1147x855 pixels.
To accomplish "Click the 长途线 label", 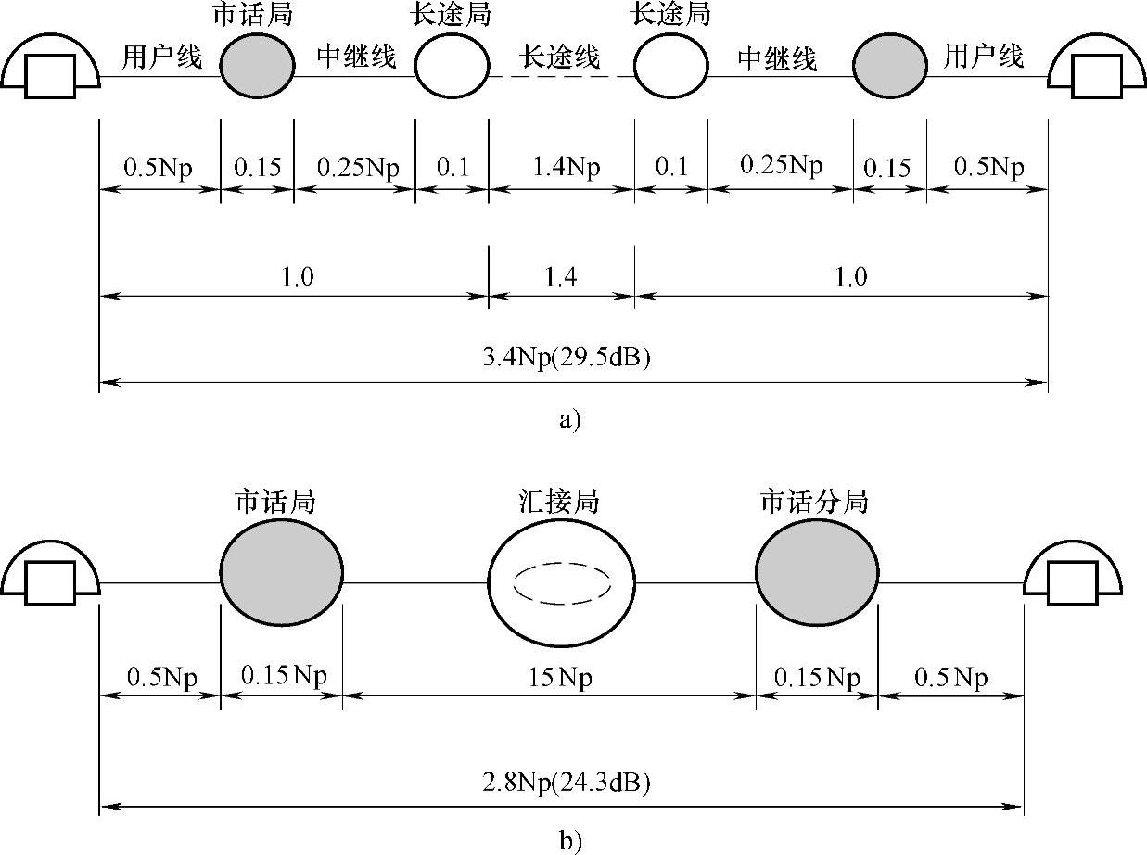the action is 561,57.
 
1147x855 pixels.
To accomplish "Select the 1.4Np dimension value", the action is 562,168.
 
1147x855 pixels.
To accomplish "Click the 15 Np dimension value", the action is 562,676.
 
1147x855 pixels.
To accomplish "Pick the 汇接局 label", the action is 560,502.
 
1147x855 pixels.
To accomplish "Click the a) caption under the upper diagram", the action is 569,420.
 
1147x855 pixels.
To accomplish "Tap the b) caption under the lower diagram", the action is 569,841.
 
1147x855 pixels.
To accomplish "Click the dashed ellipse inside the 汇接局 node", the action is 562,584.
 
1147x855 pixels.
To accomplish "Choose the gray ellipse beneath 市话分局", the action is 816,582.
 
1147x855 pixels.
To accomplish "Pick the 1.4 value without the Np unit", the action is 562,278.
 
